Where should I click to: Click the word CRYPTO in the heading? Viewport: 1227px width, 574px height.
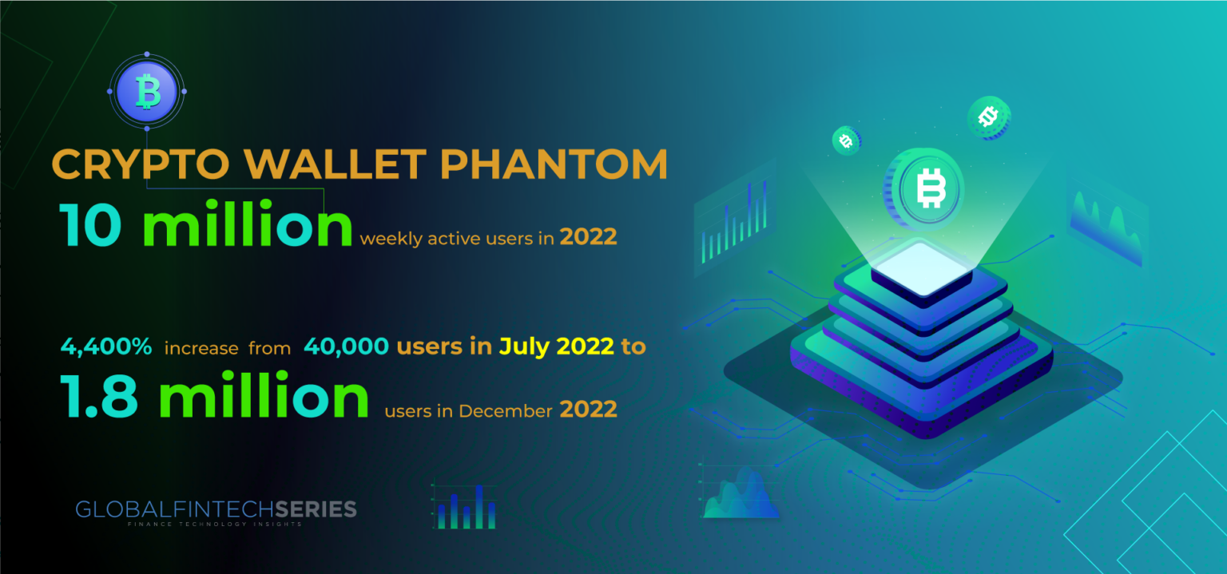pos(141,164)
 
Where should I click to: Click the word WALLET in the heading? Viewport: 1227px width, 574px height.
pos(335,164)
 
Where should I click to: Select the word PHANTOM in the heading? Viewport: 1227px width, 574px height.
pos(554,164)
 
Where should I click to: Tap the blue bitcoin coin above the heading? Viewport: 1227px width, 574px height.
pos(147,91)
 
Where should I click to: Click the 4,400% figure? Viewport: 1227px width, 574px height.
pos(105,346)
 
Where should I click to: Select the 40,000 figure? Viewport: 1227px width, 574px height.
pos(346,346)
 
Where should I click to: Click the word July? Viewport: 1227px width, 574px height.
pos(525,347)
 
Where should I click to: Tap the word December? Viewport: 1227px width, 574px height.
pos(506,411)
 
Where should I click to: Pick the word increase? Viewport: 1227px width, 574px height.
pos(201,349)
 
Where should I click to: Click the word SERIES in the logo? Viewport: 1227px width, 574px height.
pos(316,509)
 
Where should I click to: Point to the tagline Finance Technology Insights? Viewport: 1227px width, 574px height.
pos(215,525)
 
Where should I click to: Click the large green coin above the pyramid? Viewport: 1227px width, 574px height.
pos(924,188)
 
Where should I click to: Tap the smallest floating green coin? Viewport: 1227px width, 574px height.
pos(846,141)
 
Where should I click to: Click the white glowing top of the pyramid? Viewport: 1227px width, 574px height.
pos(921,269)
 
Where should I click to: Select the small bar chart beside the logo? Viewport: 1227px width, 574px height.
pos(467,507)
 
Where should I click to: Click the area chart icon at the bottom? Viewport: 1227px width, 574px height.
pos(740,492)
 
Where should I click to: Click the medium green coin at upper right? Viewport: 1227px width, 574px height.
pos(989,117)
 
